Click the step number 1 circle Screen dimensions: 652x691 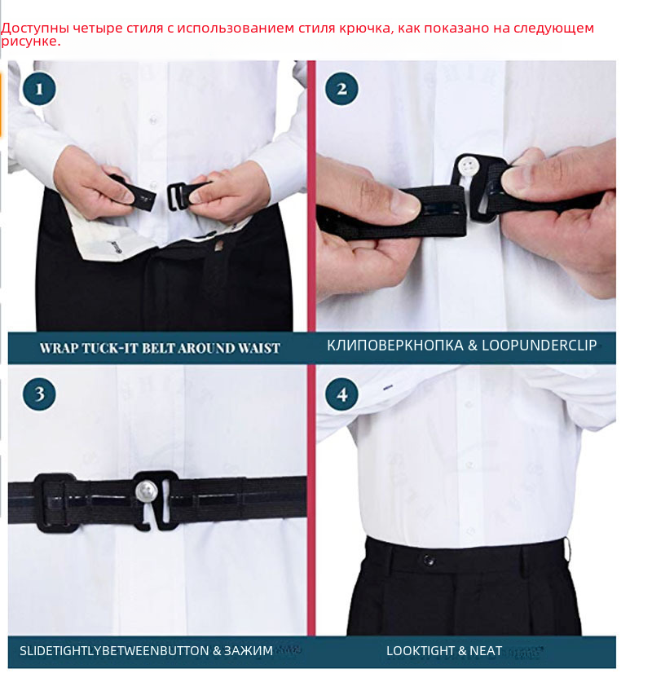pos(39,89)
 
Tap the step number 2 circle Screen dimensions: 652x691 pos(341,89)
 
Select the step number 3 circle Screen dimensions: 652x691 pos(39,394)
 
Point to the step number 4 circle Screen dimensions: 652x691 pos(341,394)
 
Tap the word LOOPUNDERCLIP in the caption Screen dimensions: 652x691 pos(540,345)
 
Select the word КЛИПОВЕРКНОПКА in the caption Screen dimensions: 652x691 pos(395,345)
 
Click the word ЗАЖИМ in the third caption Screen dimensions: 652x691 pos(249,651)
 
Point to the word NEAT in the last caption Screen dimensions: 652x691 pos(486,651)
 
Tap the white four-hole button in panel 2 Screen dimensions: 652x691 pos(468,166)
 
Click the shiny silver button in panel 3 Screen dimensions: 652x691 pos(146,491)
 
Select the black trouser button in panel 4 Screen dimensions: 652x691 pos(429,560)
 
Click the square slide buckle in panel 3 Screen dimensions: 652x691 pos(55,503)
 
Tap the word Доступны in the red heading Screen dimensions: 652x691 pos(35,29)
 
